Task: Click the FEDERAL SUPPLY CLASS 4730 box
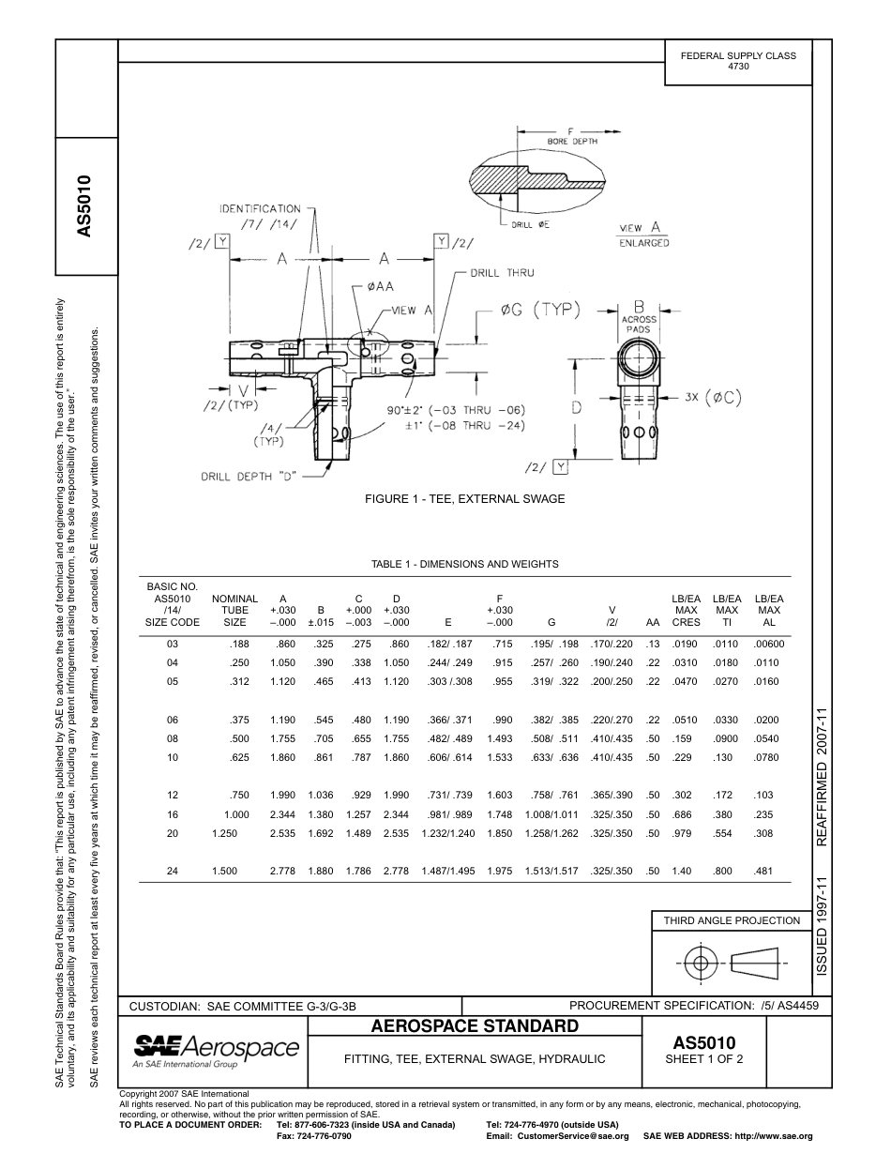(x=738, y=61)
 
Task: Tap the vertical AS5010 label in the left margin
(x=85, y=205)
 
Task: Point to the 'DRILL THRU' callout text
(x=502, y=273)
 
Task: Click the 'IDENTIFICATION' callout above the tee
(x=260, y=208)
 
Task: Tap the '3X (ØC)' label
(x=713, y=397)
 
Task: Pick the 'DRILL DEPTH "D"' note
(x=249, y=476)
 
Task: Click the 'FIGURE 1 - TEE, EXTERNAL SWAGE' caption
(x=464, y=499)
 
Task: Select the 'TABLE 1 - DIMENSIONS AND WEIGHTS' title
(x=464, y=564)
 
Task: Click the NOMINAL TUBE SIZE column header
(x=234, y=610)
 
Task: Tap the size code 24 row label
(x=173, y=872)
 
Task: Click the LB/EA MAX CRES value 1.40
(x=682, y=872)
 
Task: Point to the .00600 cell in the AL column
(x=769, y=645)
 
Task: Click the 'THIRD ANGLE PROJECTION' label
(x=732, y=920)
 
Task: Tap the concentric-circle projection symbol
(x=699, y=963)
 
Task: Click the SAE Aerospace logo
(x=216, y=1049)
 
